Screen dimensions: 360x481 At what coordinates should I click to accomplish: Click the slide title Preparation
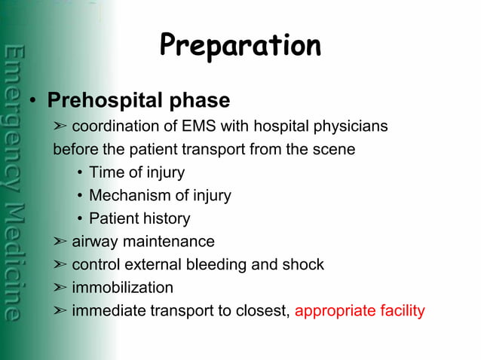click(240, 46)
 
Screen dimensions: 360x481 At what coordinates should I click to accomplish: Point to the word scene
click(334, 149)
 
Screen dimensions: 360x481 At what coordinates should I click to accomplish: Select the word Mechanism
click(127, 196)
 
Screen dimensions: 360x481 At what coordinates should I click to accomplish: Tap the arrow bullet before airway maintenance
click(60, 242)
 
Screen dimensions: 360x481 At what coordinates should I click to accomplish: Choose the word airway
click(93, 242)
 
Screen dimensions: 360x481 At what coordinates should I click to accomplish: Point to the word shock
click(304, 265)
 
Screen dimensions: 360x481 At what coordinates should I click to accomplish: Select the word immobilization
click(122, 288)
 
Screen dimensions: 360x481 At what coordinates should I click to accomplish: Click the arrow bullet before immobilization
click(60, 288)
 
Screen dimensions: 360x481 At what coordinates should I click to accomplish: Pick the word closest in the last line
click(264, 311)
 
